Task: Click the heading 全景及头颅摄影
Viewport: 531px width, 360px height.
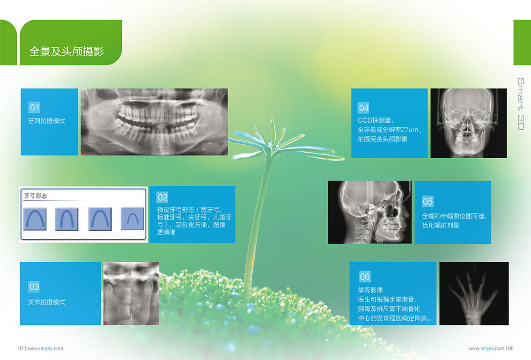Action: [66, 51]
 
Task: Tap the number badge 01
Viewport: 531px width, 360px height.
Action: [35, 108]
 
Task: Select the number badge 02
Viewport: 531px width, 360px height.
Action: [162, 198]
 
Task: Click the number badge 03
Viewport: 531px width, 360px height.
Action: [34, 287]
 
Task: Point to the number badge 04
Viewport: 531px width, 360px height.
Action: [363, 108]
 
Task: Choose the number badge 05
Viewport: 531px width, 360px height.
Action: [428, 201]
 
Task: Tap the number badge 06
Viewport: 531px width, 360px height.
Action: [365, 277]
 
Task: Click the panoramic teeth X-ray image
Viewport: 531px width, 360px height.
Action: [154, 122]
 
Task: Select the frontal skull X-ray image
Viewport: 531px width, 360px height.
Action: [469, 123]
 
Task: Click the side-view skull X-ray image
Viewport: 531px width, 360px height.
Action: [370, 213]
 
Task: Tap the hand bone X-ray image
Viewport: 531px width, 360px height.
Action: [474, 293]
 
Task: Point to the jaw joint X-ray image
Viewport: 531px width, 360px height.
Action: [131, 293]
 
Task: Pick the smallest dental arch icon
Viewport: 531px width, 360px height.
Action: [133, 219]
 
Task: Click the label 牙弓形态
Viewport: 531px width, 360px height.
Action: [36, 196]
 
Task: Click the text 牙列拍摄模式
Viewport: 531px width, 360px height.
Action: [47, 121]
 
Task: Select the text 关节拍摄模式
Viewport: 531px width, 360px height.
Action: [47, 302]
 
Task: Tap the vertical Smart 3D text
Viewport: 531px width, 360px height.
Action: [521, 103]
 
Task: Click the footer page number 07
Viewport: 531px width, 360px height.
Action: [21, 348]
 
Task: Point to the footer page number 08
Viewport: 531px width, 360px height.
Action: [511, 348]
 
